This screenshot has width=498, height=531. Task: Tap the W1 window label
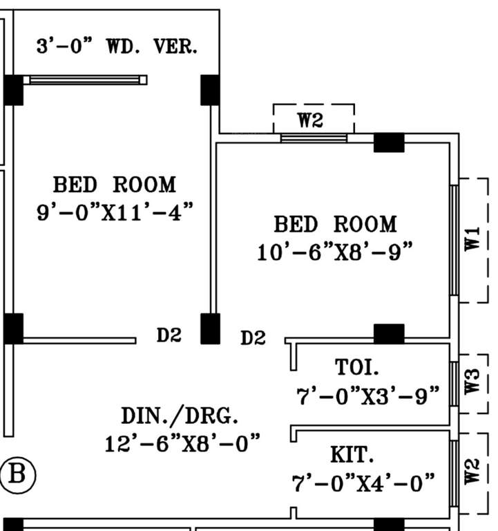[x=472, y=240]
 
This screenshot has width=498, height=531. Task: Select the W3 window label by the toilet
[x=472, y=382]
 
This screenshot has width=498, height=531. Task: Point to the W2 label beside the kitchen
[x=472, y=473]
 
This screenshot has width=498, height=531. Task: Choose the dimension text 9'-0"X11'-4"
[x=114, y=212]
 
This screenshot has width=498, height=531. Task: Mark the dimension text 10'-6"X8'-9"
[x=335, y=252]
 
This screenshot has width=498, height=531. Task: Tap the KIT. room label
[x=352, y=455]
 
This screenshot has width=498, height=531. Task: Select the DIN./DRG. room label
[x=180, y=416]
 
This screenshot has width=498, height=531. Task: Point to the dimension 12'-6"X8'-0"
[x=183, y=442]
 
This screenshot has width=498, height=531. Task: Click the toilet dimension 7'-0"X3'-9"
[x=367, y=396]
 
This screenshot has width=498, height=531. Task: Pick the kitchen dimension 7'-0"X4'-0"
[x=364, y=482]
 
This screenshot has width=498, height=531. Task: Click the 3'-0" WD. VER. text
[x=117, y=47]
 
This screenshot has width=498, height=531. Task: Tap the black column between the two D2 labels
[x=210, y=328]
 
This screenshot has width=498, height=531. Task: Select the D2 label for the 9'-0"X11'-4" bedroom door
[x=169, y=336]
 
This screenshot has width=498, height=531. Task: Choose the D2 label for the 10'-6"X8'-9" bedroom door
[x=253, y=338]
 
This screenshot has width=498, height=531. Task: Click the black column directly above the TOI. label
[x=389, y=334]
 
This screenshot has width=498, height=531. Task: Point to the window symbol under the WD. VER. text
[x=86, y=80]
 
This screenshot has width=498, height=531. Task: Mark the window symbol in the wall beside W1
[x=454, y=240]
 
